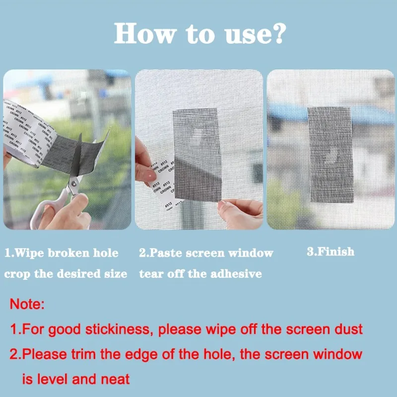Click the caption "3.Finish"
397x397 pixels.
pyautogui.click(x=331, y=252)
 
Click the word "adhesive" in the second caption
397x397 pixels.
pyautogui.click(x=236, y=273)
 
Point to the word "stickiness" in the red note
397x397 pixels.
pyautogui.click(x=123, y=329)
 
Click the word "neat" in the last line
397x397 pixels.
pyautogui.click(x=116, y=380)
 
